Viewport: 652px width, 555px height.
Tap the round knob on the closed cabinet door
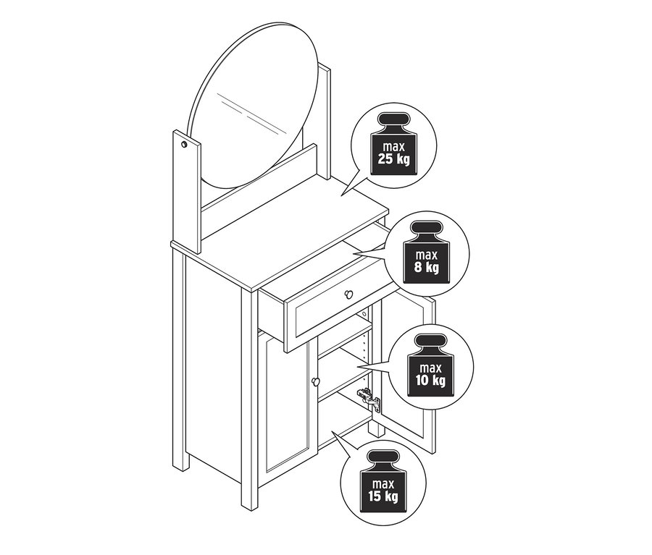pos(316,381)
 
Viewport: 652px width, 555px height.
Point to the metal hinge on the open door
pos(369,399)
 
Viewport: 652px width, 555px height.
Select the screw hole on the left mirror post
pos(184,145)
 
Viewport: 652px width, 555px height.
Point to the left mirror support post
pos(187,192)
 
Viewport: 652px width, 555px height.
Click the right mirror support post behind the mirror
pos(325,120)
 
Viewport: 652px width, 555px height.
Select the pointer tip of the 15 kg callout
pos(331,432)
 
